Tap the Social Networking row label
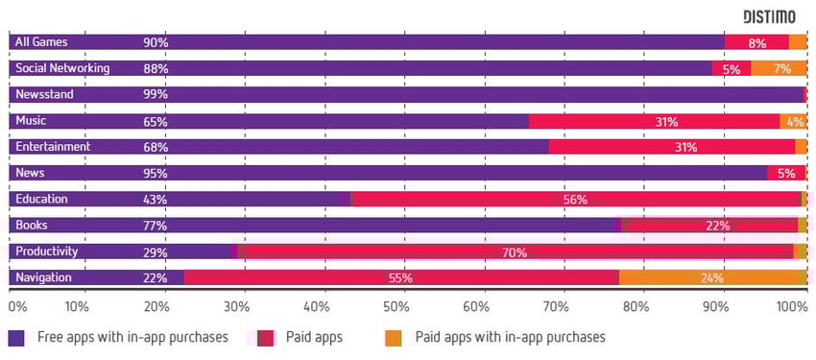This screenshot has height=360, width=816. [x=62, y=68]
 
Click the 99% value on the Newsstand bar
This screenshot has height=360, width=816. [x=156, y=95]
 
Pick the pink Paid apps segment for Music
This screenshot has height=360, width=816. [x=654, y=121]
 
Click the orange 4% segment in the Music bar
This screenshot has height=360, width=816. [x=793, y=121]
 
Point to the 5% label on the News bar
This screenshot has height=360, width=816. [x=786, y=174]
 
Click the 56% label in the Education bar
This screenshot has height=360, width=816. [x=576, y=200]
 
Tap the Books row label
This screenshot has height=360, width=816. [x=32, y=226]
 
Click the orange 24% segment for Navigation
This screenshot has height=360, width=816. [x=710, y=277]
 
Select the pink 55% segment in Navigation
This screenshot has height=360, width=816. [x=401, y=277]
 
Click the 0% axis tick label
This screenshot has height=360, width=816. [x=18, y=307]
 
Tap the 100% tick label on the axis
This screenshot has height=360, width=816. [x=791, y=307]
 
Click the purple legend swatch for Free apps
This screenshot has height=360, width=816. [x=17, y=338]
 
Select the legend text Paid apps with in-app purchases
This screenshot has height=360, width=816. [x=510, y=338]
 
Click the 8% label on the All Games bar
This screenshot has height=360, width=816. [x=756, y=42]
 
